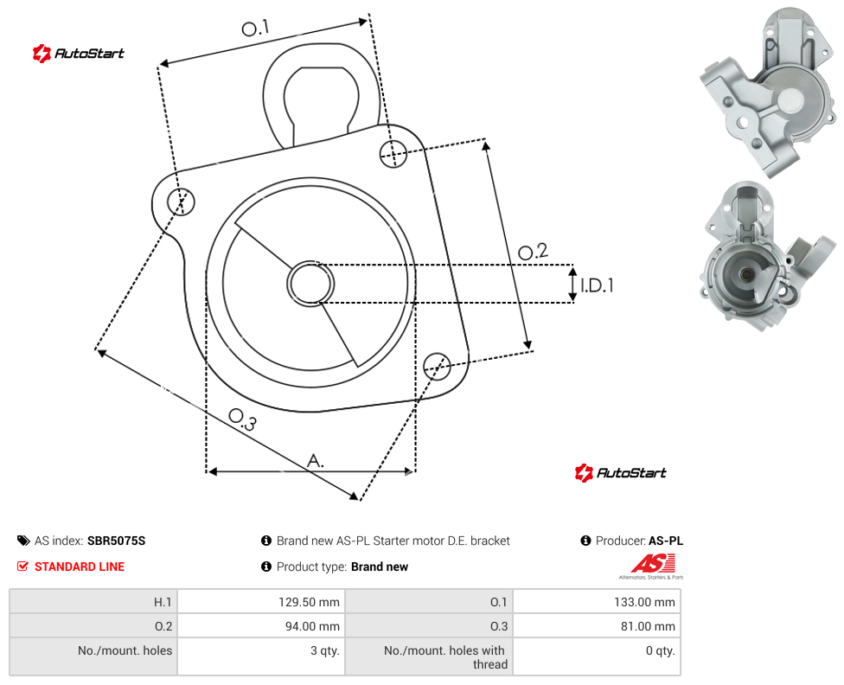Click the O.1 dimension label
pyautogui.click(x=255, y=28)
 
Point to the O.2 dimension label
pyautogui.click(x=533, y=252)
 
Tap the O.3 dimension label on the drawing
pyautogui.click(x=242, y=419)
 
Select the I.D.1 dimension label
pyautogui.click(x=597, y=285)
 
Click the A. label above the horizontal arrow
pyautogui.click(x=316, y=461)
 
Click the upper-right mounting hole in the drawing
pyautogui.click(x=393, y=153)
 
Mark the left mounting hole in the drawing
pyautogui.click(x=181, y=202)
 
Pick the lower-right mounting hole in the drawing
pyautogui.click(x=437, y=367)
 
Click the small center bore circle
pyautogui.click(x=310, y=284)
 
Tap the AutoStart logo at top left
pyautogui.click(x=79, y=54)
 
